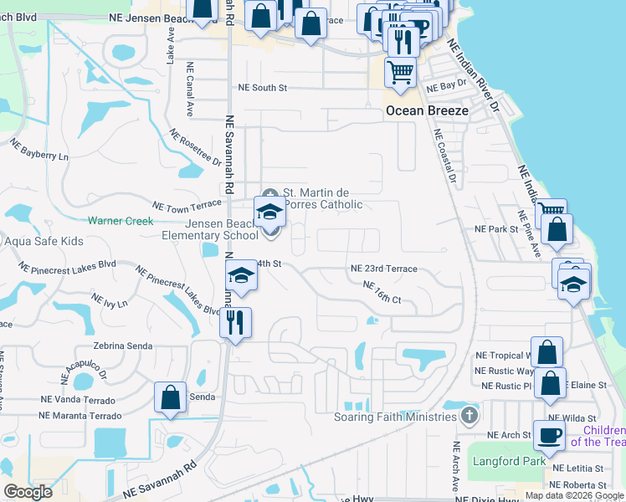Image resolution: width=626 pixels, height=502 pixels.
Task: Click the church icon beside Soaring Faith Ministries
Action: point(470,416)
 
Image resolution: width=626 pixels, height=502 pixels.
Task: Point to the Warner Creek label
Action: point(121,221)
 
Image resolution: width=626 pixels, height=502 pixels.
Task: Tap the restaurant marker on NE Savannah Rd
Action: point(235,322)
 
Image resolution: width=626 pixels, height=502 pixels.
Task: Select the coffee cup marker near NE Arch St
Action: point(550,437)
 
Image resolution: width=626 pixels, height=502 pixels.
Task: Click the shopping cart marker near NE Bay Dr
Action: point(401,72)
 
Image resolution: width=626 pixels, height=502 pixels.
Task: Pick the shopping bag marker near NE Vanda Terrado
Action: point(170,398)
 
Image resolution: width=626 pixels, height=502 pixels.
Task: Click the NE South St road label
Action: point(263,87)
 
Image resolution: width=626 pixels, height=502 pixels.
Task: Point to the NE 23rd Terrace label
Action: point(383,269)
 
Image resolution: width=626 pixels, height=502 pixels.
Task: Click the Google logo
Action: point(28,492)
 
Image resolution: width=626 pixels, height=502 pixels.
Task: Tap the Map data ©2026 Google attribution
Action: point(573,495)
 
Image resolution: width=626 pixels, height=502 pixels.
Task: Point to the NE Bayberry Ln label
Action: point(39,151)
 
